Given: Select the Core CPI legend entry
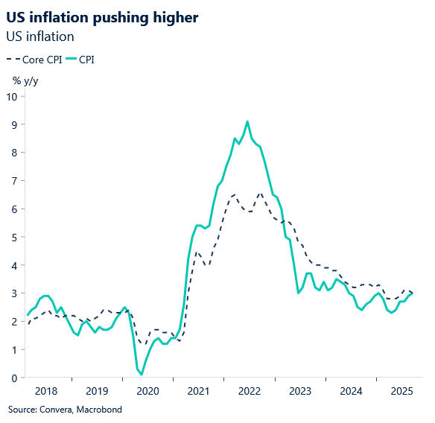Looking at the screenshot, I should pos(36,60).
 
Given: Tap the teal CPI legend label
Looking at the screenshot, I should pos(87,60).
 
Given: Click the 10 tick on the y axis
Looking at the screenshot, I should pos(12,96).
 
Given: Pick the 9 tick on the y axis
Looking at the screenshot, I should pos(14,124).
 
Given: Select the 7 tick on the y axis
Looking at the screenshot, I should pos(14,181).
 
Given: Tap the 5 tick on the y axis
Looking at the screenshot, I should pos(14,237).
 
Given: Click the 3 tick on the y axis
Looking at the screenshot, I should pos(14,293).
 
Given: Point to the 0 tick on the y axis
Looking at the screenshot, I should pos(14,378).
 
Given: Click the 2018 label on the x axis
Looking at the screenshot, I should pos(46,390).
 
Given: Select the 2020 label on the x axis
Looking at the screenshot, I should pos(147,390).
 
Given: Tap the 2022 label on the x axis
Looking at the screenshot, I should pos(249,390).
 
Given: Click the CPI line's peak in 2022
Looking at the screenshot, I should pos(247,121).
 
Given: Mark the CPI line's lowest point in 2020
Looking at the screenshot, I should pos(142,374).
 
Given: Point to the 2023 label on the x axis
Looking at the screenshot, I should pos(299,390).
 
